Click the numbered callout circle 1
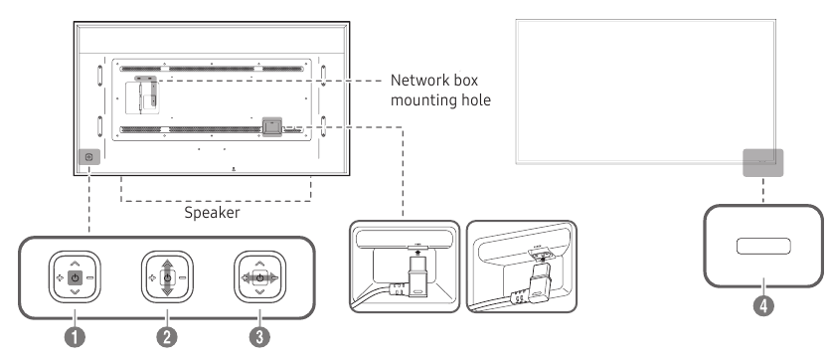[x=75, y=337]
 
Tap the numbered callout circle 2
[x=167, y=337]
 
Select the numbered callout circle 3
[x=259, y=337]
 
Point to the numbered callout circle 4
[x=763, y=305]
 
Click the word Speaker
[x=212, y=213]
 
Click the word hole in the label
[x=475, y=99]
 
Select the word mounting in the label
[x=423, y=100]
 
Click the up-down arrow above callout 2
[x=167, y=276]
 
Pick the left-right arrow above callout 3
[x=259, y=276]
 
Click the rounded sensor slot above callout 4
[x=763, y=247]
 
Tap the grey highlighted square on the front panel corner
[x=762, y=162]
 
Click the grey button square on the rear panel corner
[x=88, y=157]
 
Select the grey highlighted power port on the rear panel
[x=272, y=126]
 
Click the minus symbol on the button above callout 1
[x=89, y=277]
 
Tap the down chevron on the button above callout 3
[x=259, y=291]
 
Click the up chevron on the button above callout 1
[x=75, y=263]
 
